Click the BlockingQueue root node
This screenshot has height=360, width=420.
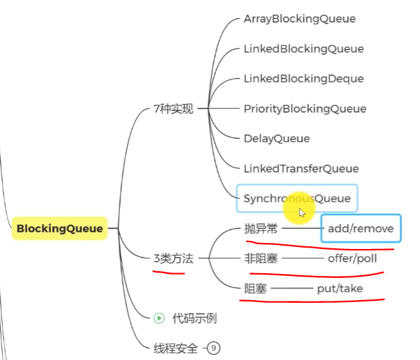tap(60, 229)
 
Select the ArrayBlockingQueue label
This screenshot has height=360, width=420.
tap(300, 19)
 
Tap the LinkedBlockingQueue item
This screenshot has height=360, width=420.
tap(304, 48)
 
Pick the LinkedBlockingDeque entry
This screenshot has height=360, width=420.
tap(304, 79)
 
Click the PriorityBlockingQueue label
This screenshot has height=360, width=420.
tap(305, 108)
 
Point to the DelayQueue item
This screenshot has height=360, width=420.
tap(277, 139)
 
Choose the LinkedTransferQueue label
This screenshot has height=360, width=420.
tap(301, 168)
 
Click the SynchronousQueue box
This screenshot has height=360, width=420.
tap(297, 199)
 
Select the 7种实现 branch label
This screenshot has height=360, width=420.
tap(173, 109)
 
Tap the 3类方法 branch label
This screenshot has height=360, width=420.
tap(173, 258)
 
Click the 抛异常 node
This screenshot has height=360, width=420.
tap(260, 229)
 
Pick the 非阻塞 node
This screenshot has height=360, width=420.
tap(260, 258)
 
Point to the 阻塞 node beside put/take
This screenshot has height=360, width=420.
tap(255, 289)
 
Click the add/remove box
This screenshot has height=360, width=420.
tap(361, 229)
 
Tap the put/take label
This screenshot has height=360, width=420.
tap(339, 289)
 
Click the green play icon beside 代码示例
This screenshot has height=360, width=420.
tap(160, 318)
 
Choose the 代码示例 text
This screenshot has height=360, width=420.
tap(195, 318)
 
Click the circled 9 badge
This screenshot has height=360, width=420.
tap(213, 348)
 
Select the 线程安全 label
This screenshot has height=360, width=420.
tap(176, 348)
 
